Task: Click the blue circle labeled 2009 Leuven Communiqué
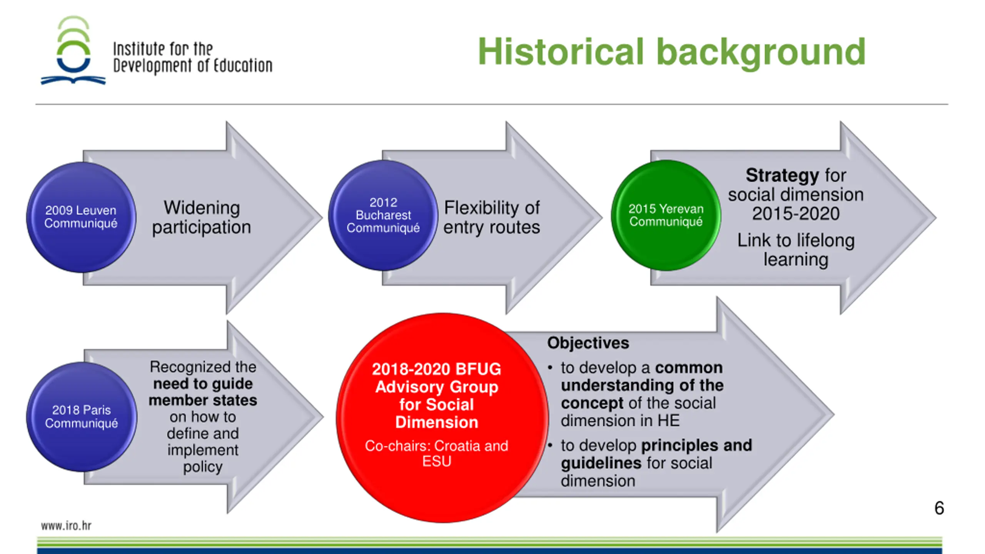[x=81, y=217]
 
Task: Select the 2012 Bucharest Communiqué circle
[x=383, y=215]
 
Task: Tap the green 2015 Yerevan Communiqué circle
[x=666, y=215]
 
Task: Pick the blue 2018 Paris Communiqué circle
[x=81, y=417]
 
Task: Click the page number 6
[x=939, y=508]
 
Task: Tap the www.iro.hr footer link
[x=66, y=526]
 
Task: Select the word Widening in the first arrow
[x=202, y=208]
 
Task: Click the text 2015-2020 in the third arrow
[x=796, y=214]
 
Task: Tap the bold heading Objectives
[x=588, y=343]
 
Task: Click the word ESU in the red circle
[x=436, y=461]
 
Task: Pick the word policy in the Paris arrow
[x=203, y=467]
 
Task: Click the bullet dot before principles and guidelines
[x=551, y=446]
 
